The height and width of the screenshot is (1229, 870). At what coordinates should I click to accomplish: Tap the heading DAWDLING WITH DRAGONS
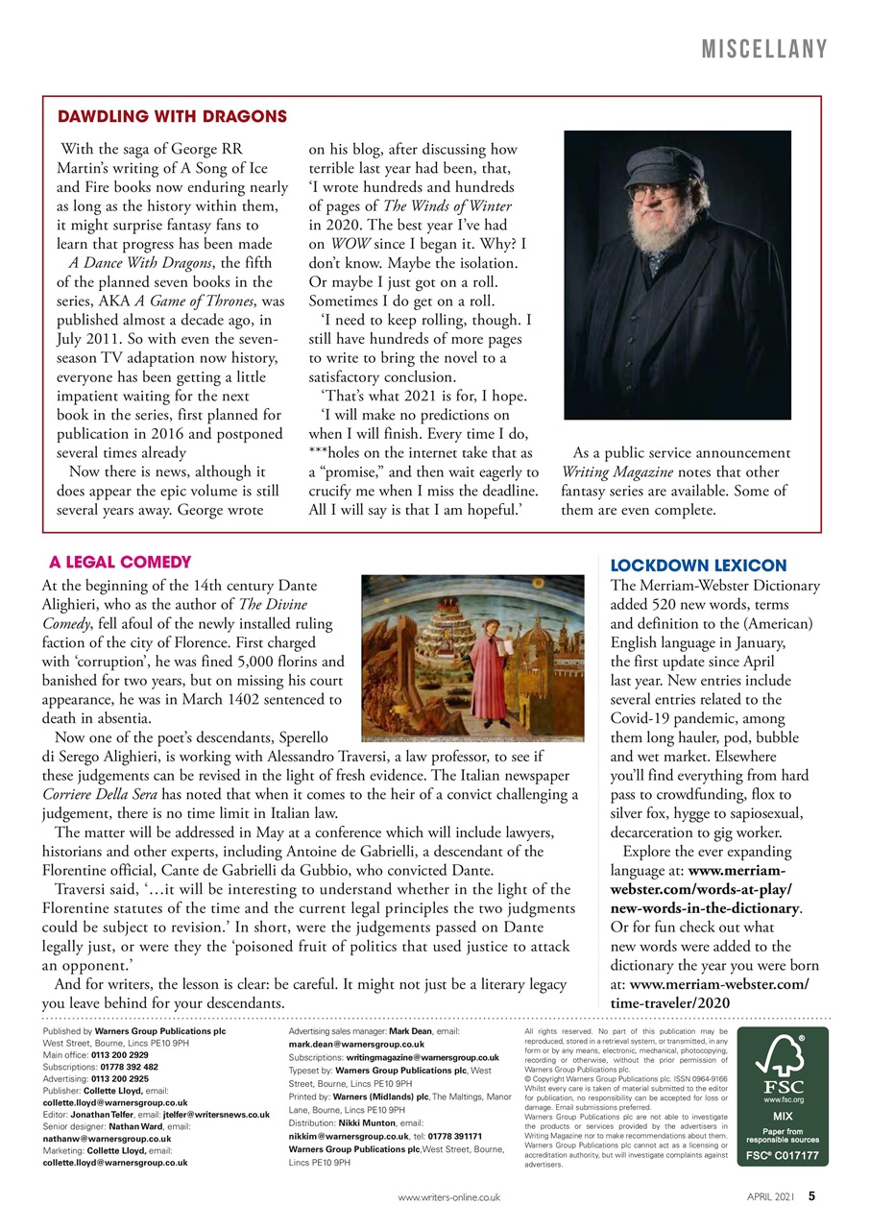click(173, 117)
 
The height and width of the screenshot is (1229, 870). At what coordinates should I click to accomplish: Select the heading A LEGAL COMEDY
click(120, 562)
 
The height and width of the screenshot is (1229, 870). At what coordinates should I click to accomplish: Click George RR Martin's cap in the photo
click(670, 158)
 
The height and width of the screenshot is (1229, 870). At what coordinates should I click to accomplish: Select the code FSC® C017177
click(783, 1156)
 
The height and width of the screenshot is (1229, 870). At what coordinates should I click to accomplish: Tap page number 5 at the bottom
click(811, 1196)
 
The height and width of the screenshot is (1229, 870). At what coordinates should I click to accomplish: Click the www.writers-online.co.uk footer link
click(449, 1197)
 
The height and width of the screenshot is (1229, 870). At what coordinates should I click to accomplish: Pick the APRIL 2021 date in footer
click(772, 1197)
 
